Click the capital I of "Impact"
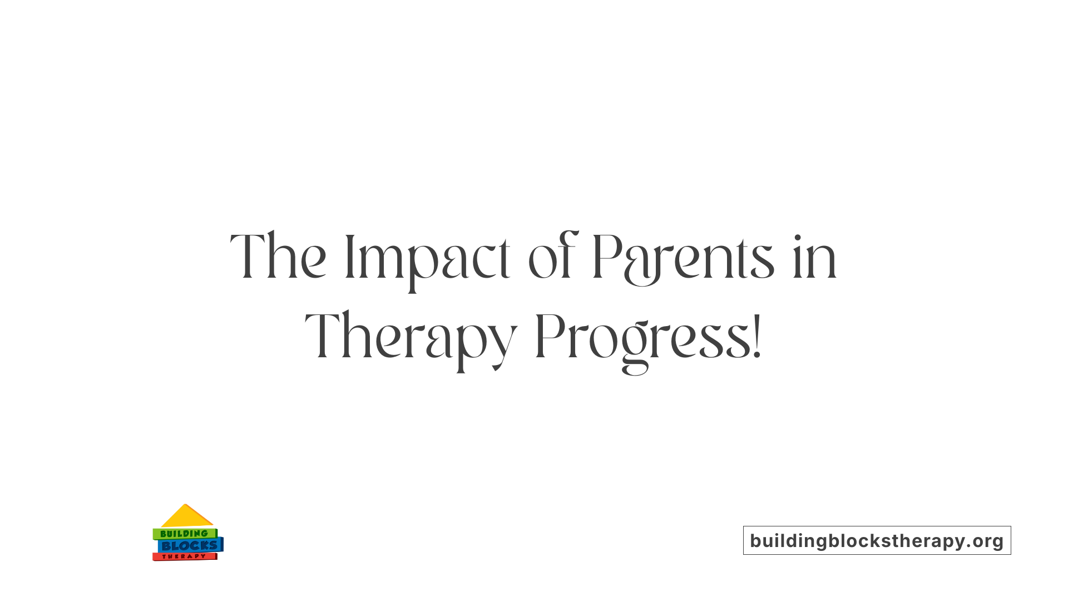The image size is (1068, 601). (350, 257)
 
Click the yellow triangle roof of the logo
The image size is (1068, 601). (186, 517)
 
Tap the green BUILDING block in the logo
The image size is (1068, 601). (184, 534)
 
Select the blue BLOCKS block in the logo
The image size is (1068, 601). (190, 546)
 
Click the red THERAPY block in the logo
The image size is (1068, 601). (184, 556)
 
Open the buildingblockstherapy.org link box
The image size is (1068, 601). (877, 540)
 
